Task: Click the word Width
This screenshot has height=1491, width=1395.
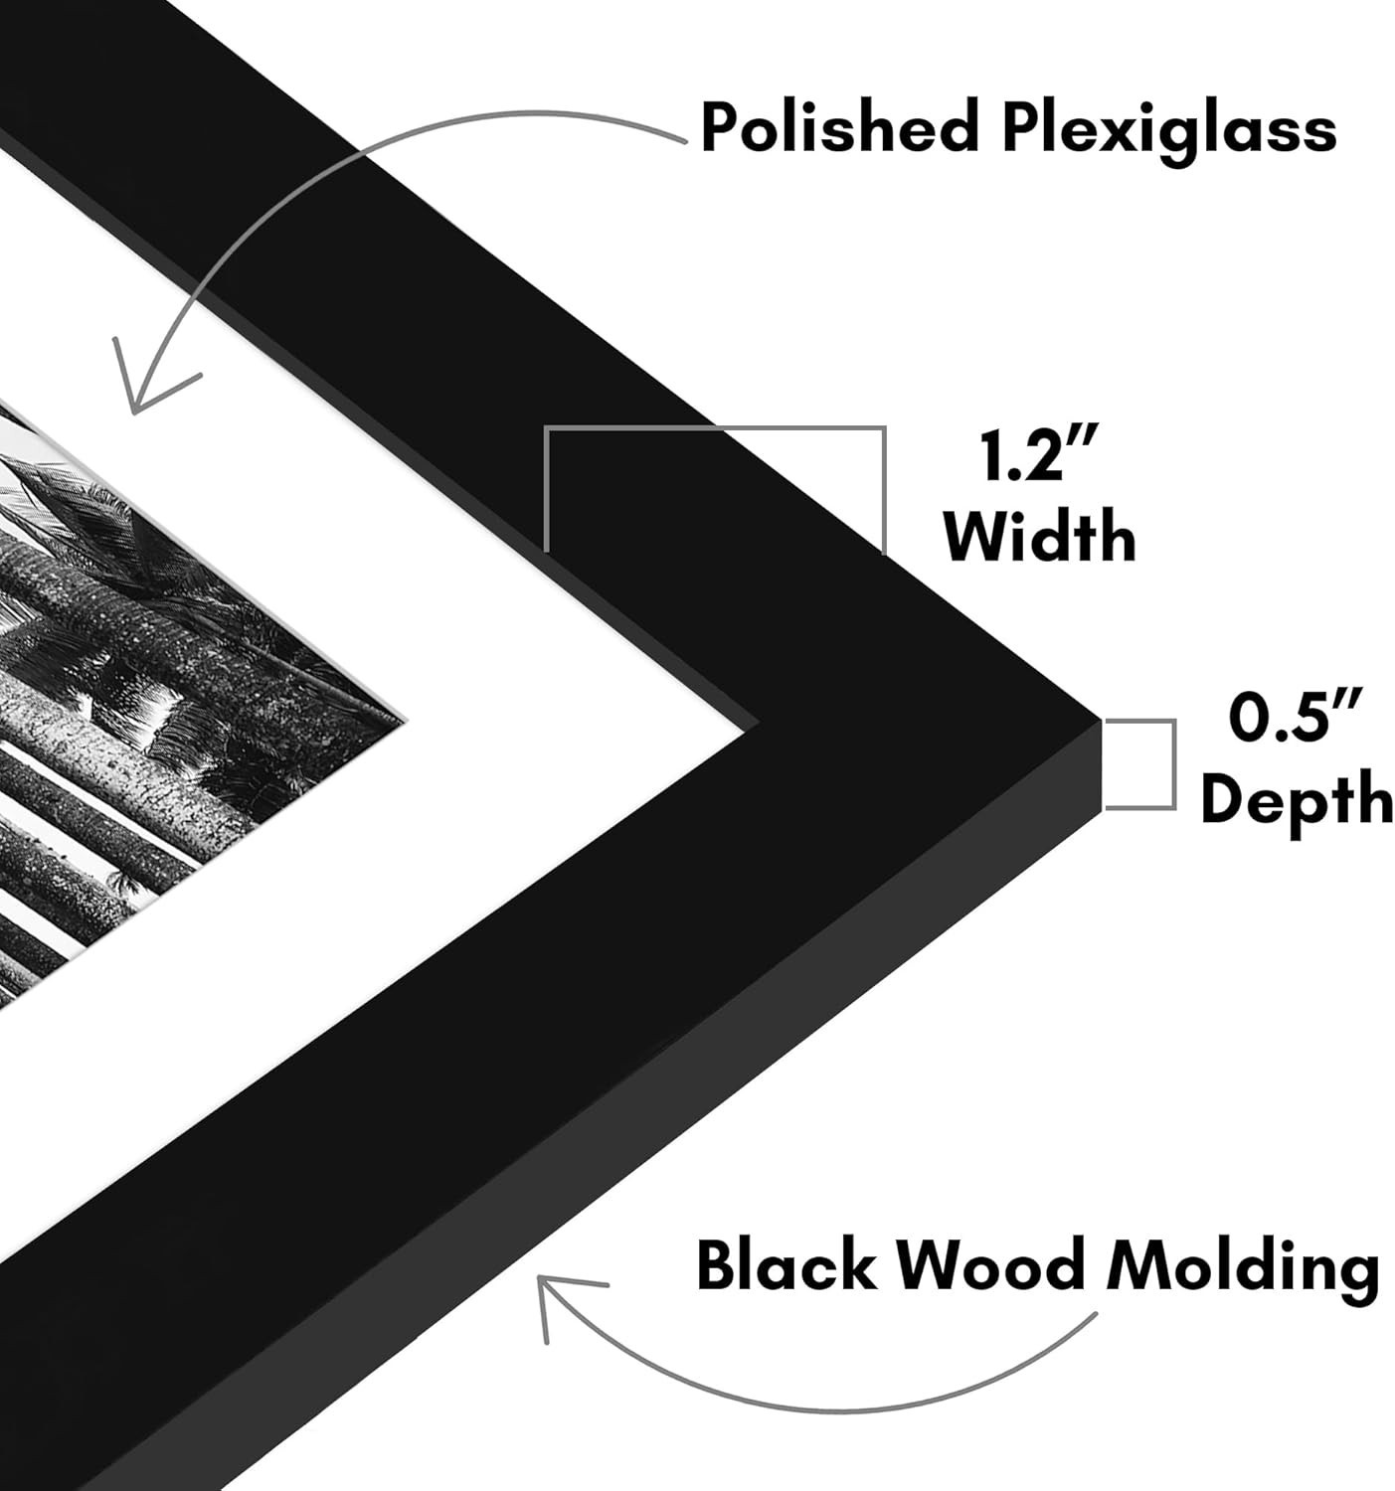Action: [x=1039, y=537]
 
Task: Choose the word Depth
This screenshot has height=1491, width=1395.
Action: [x=1297, y=797]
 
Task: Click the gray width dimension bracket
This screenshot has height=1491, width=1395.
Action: [x=714, y=430]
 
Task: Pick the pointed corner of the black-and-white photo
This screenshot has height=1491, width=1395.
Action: [x=403, y=716]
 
